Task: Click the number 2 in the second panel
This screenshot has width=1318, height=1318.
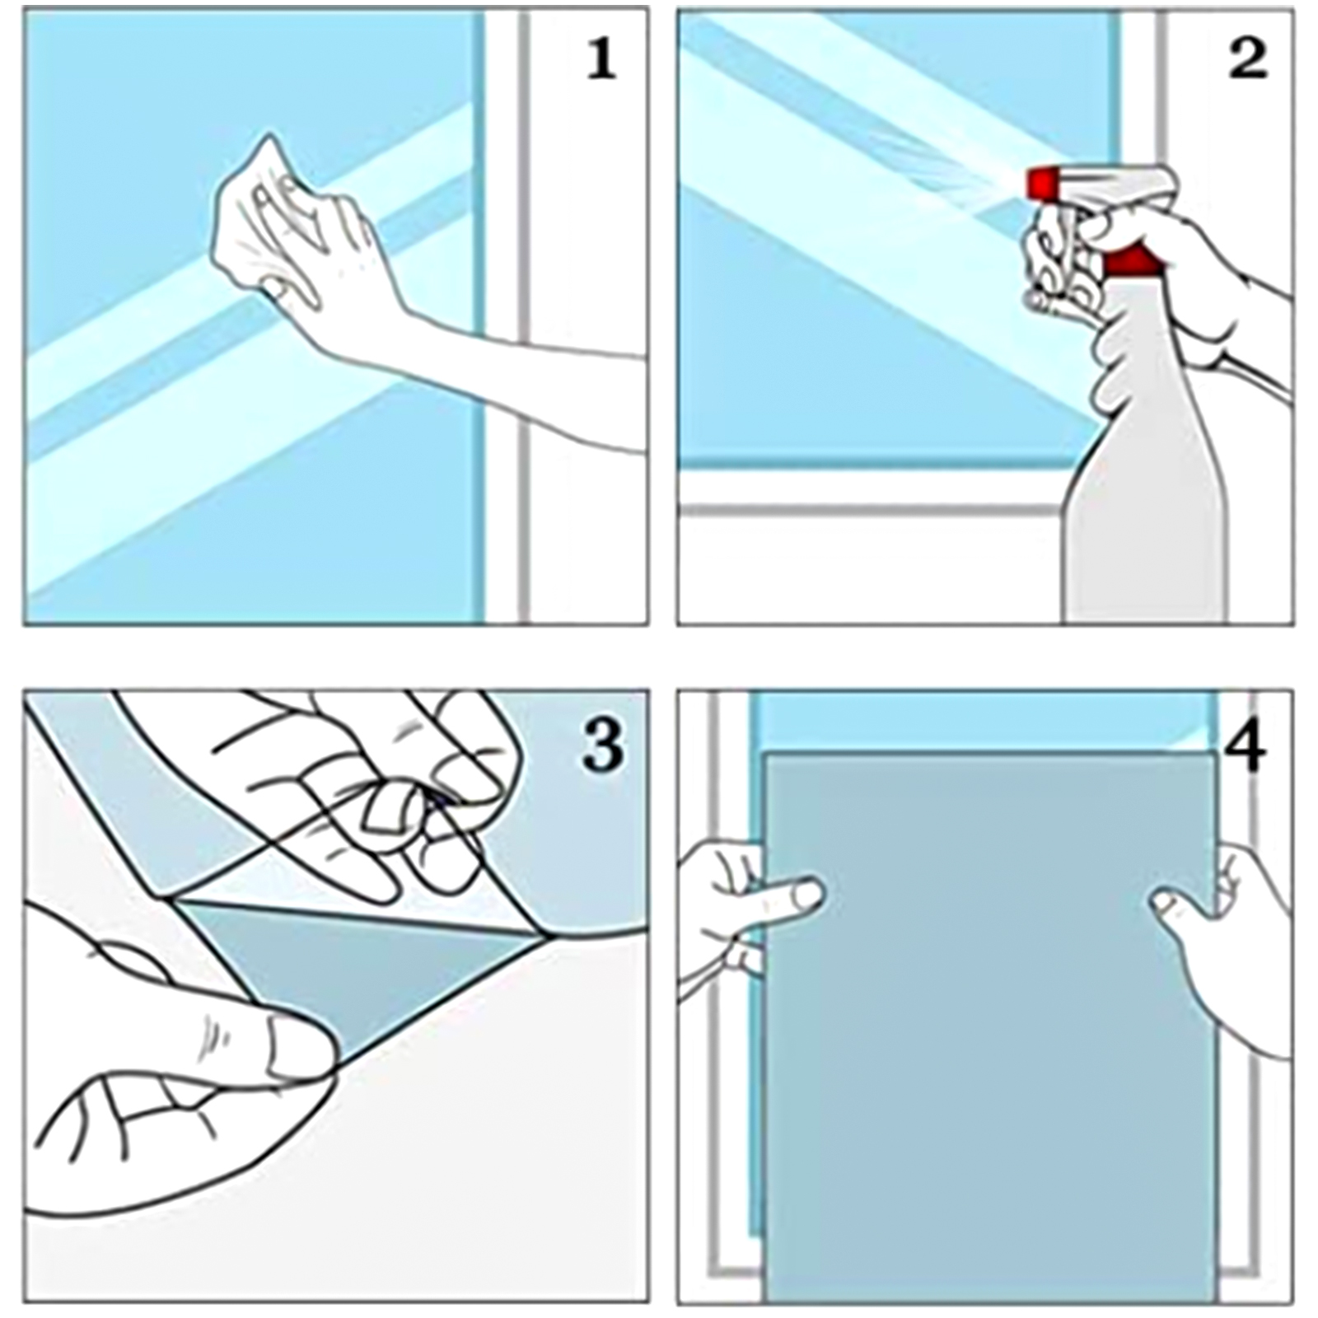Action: [1247, 58]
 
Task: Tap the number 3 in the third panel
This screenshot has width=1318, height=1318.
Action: [603, 745]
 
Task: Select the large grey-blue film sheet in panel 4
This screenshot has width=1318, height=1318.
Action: [988, 1021]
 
